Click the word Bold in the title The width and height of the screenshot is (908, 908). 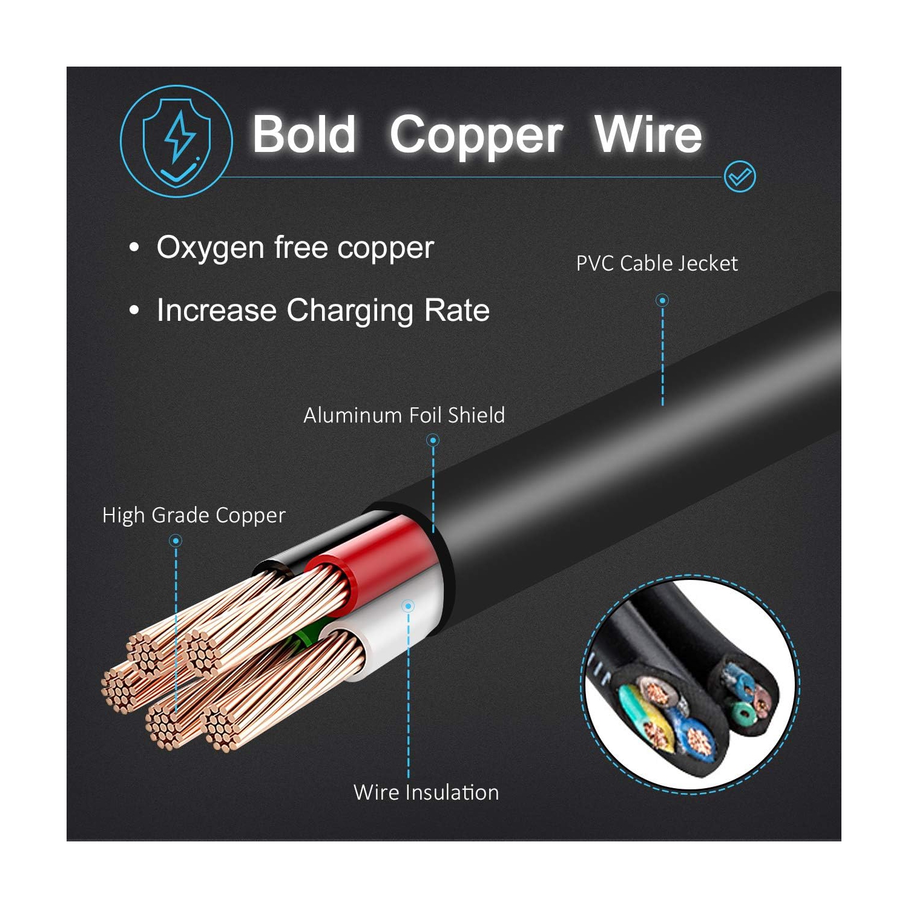(x=304, y=134)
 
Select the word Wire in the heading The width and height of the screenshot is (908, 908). (x=648, y=134)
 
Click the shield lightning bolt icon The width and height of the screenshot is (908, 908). (x=176, y=142)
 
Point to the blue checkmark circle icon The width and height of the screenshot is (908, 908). (x=740, y=177)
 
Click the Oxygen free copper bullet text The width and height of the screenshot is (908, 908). (x=295, y=248)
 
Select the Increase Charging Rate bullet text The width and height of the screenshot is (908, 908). (x=323, y=311)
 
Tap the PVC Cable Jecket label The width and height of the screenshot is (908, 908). (x=657, y=264)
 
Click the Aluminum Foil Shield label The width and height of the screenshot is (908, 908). (x=404, y=415)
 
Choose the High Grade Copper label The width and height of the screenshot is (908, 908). (x=194, y=515)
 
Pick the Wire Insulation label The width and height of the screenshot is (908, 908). (x=426, y=792)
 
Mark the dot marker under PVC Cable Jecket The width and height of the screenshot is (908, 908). (x=662, y=300)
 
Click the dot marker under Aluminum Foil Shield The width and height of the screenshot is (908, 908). (x=433, y=440)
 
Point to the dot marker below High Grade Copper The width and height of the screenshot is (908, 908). (x=176, y=540)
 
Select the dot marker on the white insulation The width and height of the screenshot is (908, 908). (x=409, y=606)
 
